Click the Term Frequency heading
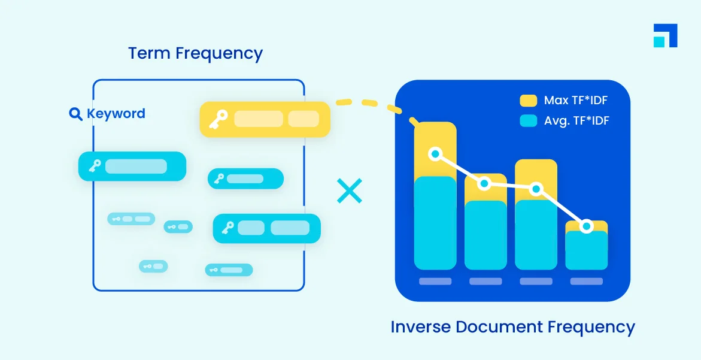(x=195, y=53)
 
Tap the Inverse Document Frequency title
(x=512, y=327)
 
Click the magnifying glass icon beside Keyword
(x=76, y=114)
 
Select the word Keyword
(x=116, y=114)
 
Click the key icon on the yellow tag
(x=217, y=119)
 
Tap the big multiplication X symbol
(x=349, y=190)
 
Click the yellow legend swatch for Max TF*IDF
(x=528, y=101)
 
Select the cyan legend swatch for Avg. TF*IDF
(x=528, y=121)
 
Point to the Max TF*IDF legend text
(x=575, y=101)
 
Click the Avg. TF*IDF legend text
(x=576, y=121)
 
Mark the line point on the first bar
(x=436, y=154)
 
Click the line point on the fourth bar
(x=587, y=226)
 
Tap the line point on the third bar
(x=536, y=189)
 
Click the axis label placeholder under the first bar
(x=435, y=281)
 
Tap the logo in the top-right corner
(x=665, y=35)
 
